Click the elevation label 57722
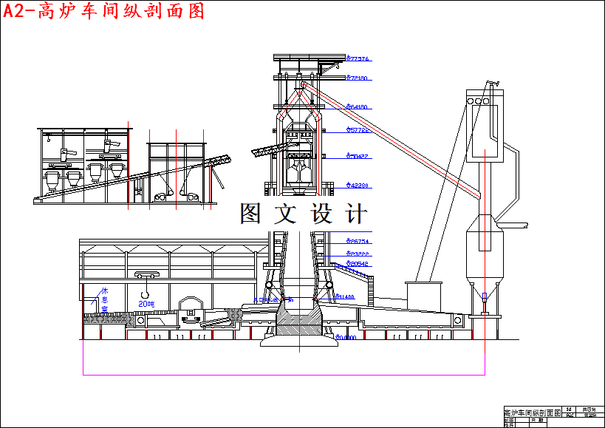358,130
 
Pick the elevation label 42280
358,186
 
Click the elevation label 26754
358,242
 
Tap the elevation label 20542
358,264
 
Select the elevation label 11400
345,297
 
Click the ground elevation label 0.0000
346,338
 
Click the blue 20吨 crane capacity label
146,303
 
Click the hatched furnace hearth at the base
298,323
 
